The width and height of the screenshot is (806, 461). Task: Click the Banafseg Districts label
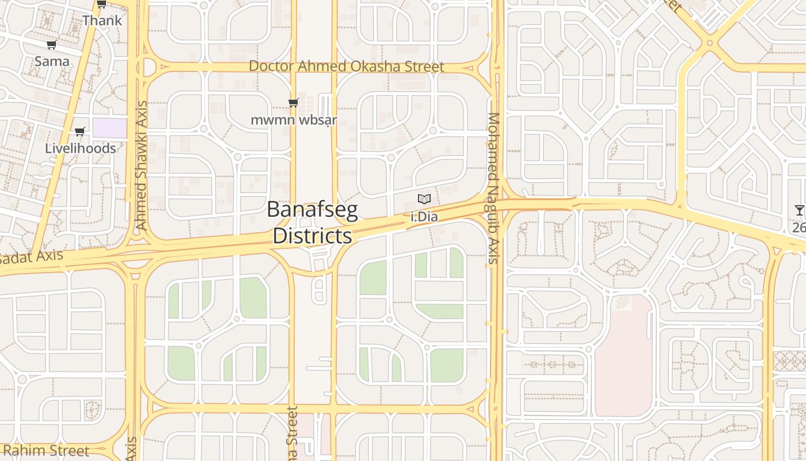click(x=313, y=222)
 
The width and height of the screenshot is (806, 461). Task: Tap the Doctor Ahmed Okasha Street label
click(x=346, y=67)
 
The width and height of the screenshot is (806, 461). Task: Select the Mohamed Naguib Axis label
click(x=493, y=188)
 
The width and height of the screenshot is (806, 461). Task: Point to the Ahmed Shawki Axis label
click(x=141, y=165)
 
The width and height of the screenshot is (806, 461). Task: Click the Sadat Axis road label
click(x=31, y=257)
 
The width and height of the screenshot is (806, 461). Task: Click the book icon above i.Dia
click(x=424, y=199)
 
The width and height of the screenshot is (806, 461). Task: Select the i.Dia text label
click(x=424, y=217)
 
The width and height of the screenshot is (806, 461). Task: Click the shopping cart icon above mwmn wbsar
click(x=294, y=103)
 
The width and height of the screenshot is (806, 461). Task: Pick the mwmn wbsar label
click(x=294, y=120)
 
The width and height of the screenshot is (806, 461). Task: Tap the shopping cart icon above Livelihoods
click(x=80, y=132)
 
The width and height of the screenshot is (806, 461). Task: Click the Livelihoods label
click(x=81, y=148)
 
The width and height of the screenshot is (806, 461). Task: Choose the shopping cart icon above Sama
click(x=52, y=45)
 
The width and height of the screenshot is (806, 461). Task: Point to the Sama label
click(x=52, y=61)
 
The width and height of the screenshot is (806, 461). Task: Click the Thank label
click(x=102, y=21)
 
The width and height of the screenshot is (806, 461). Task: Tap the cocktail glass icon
click(x=800, y=210)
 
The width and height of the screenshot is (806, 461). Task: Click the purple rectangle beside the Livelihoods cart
click(x=109, y=128)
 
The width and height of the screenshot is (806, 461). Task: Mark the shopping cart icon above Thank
click(x=101, y=5)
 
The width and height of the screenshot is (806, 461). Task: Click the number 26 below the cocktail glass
click(x=799, y=227)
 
